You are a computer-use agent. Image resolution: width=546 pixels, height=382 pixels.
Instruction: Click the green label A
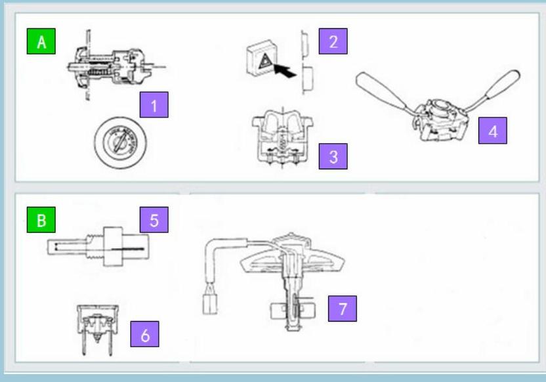[41, 41]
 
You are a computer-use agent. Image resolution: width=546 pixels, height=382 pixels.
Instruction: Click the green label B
[41, 220]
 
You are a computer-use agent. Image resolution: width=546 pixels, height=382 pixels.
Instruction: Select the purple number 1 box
[154, 105]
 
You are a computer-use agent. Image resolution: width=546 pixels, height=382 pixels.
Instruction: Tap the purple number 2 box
[333, 41]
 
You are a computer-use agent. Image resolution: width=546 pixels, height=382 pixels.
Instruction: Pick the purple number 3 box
[333, 156]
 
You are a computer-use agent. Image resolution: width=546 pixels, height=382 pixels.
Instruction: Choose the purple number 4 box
[493, 131]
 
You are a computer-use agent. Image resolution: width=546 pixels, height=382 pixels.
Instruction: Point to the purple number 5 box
[154, 220]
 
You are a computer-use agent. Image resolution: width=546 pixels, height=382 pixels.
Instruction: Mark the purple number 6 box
[145, 334]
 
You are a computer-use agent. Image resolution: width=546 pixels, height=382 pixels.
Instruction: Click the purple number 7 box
[343, 308]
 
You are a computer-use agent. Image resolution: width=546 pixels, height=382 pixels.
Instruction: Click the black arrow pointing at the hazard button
[285, 70]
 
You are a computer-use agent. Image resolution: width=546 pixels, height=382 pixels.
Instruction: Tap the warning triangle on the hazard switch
[265, 61]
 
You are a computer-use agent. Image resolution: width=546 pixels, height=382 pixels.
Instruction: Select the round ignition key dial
[121, 142]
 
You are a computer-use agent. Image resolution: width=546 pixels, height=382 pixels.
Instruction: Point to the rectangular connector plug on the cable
[210, 304]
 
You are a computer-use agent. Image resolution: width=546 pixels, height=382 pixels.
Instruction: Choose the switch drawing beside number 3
[283, 137]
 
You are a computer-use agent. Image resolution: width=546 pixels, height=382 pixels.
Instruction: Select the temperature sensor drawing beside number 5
[98, 247]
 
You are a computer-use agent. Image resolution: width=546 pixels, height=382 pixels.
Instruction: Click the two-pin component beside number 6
[98, 329]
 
